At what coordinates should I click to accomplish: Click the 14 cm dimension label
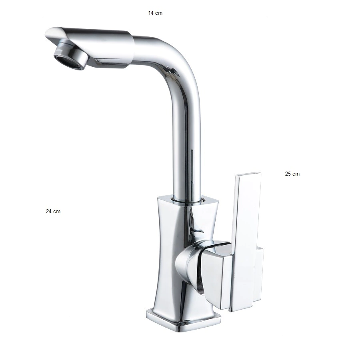(155, 13)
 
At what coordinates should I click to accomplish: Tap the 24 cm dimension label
(53, 212)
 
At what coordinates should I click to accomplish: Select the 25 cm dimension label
(292, 174)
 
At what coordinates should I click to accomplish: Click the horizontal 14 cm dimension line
(155, 17)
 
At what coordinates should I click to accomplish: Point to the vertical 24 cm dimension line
(69, 198)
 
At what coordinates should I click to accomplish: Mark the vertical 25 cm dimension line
(283, 176)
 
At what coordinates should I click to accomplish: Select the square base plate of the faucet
(184, 321)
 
